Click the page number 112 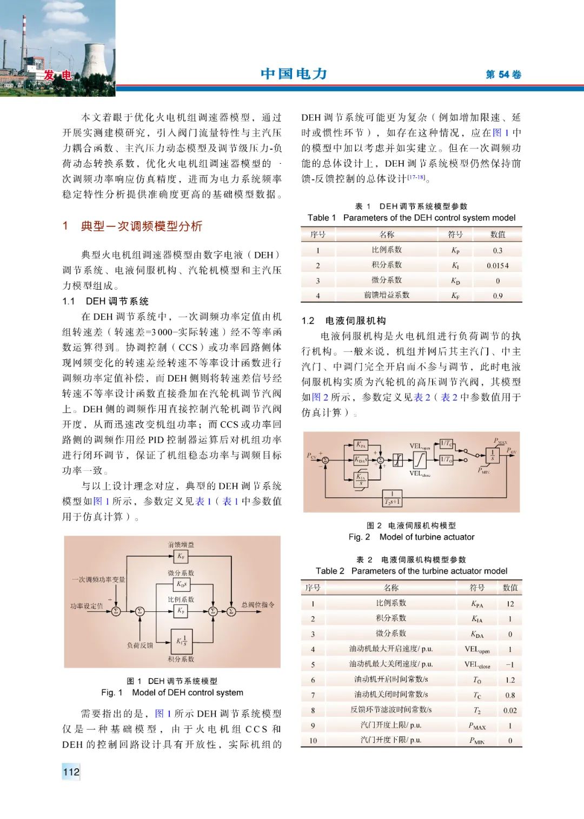pyautogui.click(x=71, y=771)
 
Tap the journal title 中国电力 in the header pyautogui.click(x=294, y=74)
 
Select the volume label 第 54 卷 pyautogui.click(x=503, y=75)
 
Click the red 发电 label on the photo pyautogui.click(x=58, y=75)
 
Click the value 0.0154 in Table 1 pyautogui.click(x=497, y=265)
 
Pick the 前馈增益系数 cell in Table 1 pyautogui.click(x=387, y=295)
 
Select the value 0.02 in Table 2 pyautogui.click(x=510, y=710)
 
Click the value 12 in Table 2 pyautogui.click(x=510, y=604)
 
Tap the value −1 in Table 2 pyautogui.click(x=510, y=664)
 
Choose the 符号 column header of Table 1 pyautogui.click(x=455, y=234)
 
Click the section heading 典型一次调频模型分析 pyautogui.click(x=141, y=226)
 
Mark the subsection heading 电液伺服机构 pyautogui.click(x=355, y=321)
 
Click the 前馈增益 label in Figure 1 pyautogui.click(x=181, y=544)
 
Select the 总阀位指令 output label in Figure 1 pyautogui.click(x=257, y=604)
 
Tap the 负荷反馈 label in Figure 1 pyautogui.click(x=140, y=645)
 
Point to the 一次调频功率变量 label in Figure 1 pyautogui.click(x=98, y=580)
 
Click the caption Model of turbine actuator pyautogui.click(x=427, y=537)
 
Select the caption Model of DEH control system pyautogui.click(x=188, y=693)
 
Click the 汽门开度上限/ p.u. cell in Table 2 pyautogui.click(x=390, y=725)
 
